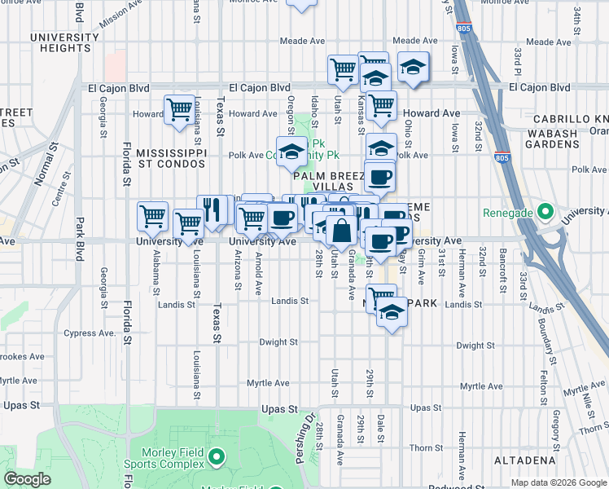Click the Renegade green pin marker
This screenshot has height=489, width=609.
pos(545,214)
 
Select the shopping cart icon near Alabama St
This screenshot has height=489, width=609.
pos(152,217)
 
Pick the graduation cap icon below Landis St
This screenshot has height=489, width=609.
pos(392,312)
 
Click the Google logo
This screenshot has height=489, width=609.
pos(27,479)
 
